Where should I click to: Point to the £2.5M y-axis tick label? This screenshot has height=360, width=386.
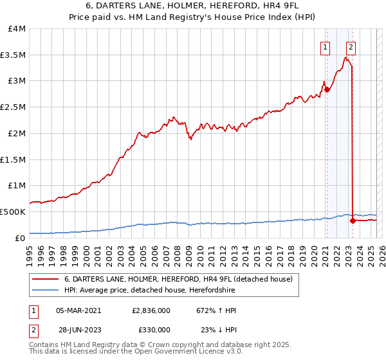(x=13, y=107)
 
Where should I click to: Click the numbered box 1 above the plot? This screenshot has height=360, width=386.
(x=326, y=46)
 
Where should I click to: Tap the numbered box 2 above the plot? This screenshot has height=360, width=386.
(x=351, y=46)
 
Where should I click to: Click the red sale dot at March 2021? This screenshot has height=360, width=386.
(x=327, y=89)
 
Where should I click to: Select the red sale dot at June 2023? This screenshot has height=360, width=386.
(x=353, y=221)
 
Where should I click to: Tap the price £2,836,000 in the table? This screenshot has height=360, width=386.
(x=150, y=310)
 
